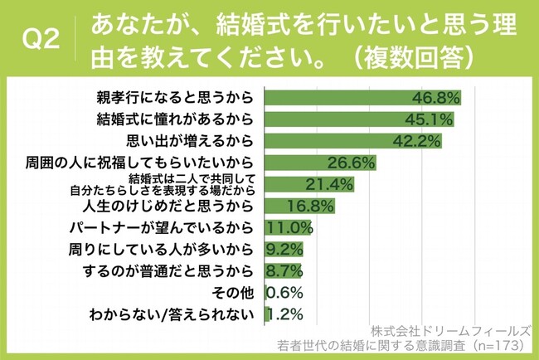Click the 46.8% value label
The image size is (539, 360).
pyautogui.click(x=435, y=98)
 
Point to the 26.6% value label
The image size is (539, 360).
pyautogui.click(x=352, y=162)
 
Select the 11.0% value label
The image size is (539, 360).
pyautogui.click(x=288, y=226)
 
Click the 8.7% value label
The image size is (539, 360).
pyautogui.click(x=282, y=270)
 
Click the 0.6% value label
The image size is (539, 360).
pyautogui.click(x=284, y=292)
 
